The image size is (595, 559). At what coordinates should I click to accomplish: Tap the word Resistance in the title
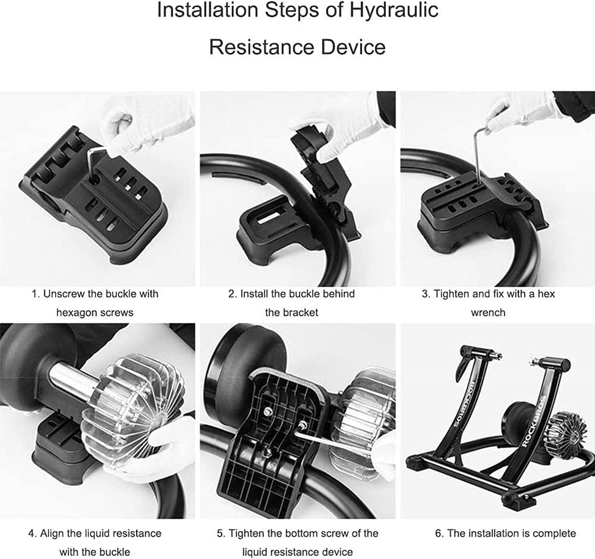click(261, 47)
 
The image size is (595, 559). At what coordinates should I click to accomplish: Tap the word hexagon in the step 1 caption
click(77, 313)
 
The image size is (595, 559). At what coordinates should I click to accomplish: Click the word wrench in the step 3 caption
click(488, 313)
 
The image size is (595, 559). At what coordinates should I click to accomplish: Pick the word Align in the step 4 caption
click(52, 534)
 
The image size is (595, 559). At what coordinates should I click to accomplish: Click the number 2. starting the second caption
click(232, 294)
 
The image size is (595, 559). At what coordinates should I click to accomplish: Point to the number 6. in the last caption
click(439, 534)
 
